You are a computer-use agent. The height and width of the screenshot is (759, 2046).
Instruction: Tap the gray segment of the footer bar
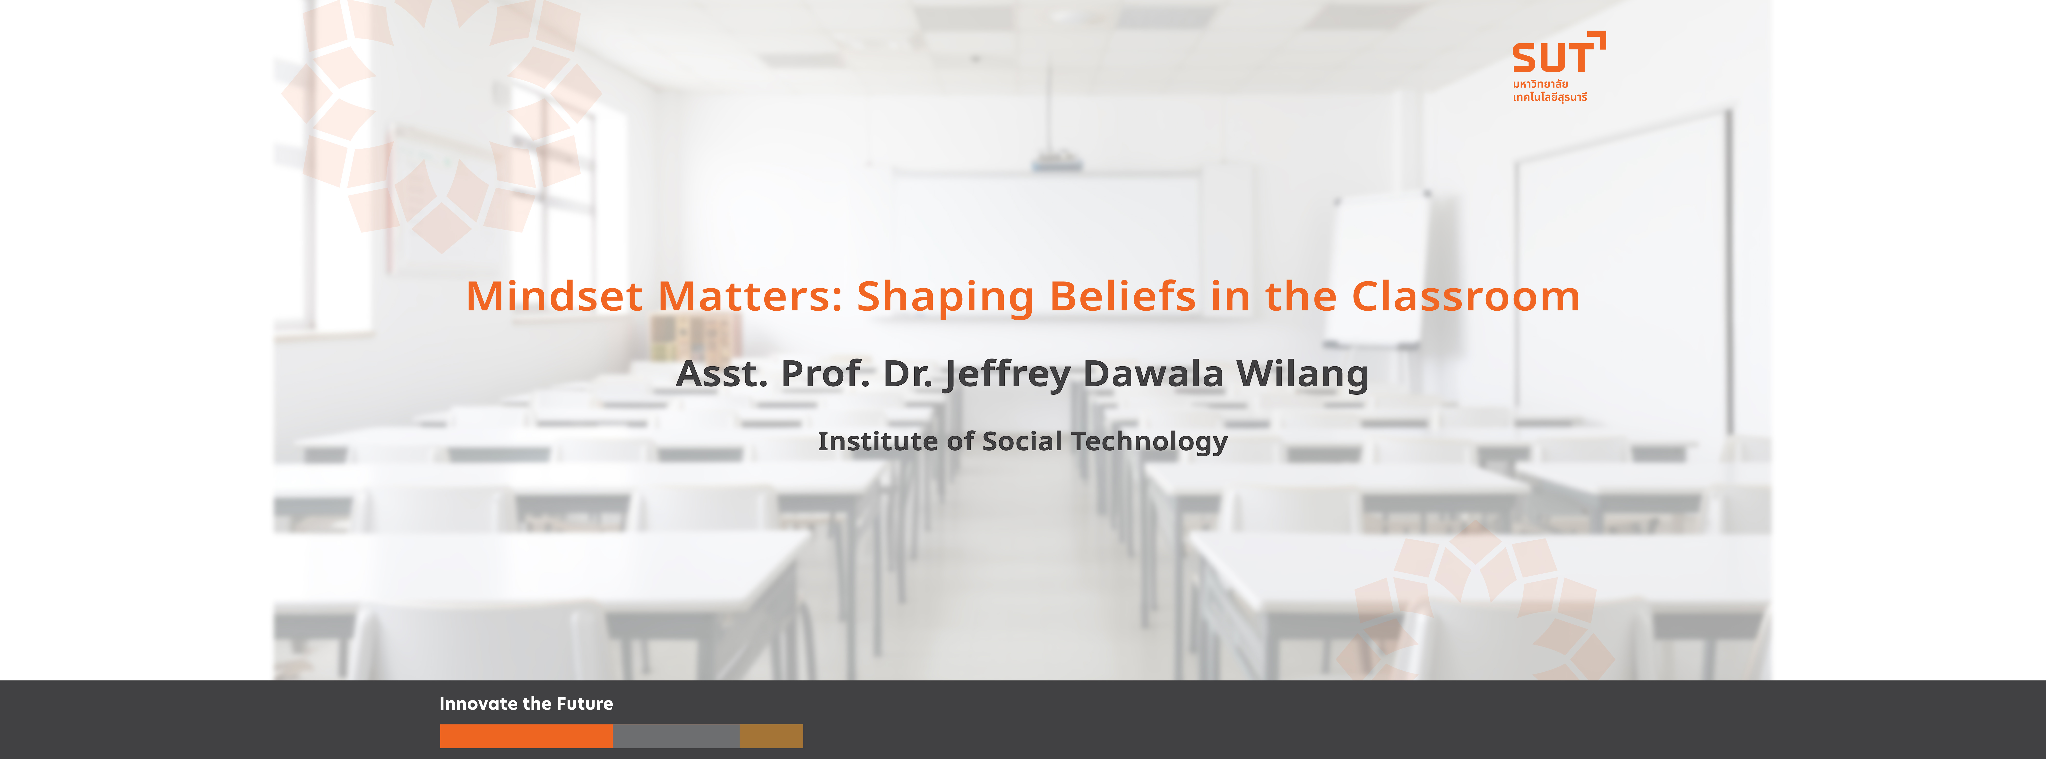click(676, 736)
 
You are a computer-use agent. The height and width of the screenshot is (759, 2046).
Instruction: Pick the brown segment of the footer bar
click(771, 736)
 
